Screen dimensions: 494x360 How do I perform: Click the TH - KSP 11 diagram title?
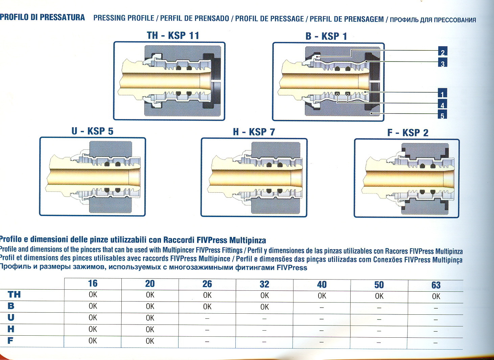point(173,35)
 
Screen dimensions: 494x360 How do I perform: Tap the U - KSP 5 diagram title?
point(92,131)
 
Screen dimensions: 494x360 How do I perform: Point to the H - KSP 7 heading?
point(254,132)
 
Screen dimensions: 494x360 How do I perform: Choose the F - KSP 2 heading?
point(408,133)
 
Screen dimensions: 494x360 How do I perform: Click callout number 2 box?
point(443,51)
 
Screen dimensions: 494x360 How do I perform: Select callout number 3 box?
point(443,63)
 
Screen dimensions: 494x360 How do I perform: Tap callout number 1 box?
point(442,93)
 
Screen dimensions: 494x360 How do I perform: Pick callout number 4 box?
point(442,104)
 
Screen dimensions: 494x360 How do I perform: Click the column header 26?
point(207,284)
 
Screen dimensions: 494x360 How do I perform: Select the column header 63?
point(436,285)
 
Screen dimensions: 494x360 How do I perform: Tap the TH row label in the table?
point(14,294)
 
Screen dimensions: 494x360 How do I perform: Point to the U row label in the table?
point(11,317)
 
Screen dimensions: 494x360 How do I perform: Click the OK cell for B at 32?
point(265,307)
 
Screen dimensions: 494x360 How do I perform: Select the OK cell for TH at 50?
point(379,296)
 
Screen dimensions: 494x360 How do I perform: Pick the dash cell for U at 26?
point(207,318)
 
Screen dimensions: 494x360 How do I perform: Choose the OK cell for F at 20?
point(150,341)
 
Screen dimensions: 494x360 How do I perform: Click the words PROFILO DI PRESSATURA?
point(42,17)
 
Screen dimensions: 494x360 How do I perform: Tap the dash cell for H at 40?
point(322,331)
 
